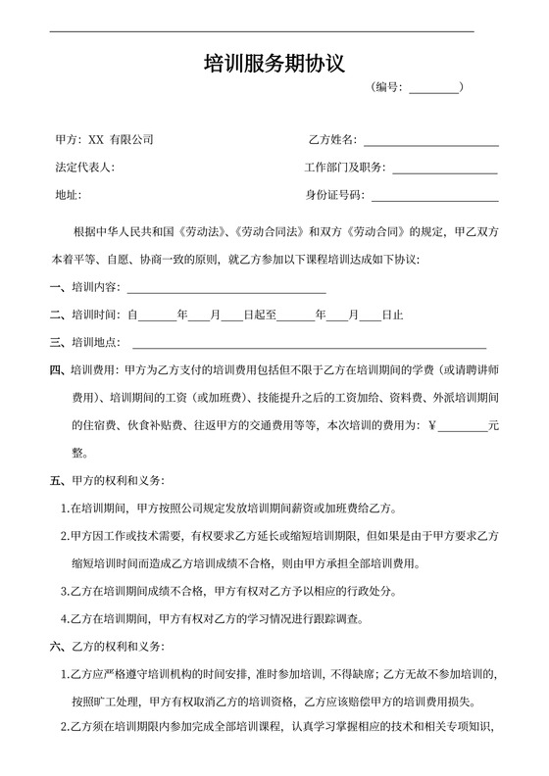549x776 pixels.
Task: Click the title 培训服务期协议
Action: pos(274,65)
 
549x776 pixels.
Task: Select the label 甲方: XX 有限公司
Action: pos(104,140)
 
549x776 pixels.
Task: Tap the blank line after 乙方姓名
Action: pos(431,144)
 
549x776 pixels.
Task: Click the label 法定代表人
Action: pos(85,168)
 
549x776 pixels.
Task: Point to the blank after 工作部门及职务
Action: pos(445,171)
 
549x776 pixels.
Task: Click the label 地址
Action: pos(68,195)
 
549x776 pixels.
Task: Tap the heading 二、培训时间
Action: pos(85,315)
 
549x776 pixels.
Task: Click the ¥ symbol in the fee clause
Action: pos(432,426)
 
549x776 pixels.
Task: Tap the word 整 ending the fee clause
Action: pos(77,454)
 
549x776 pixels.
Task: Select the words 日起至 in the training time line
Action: pos(260,315)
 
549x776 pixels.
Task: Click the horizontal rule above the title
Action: pos(262,32)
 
